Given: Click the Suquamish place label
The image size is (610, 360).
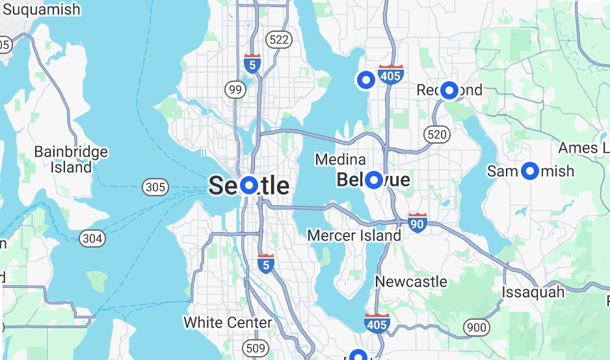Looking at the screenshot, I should (40, 10).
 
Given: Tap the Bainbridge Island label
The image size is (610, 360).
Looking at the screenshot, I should (71, 159).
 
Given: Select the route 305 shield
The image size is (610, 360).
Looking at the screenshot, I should (155, 188).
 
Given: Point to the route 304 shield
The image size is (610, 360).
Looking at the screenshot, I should (92, 238).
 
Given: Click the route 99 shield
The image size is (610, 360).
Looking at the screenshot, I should (235, 90).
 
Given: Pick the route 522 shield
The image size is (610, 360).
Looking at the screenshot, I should (279, 40).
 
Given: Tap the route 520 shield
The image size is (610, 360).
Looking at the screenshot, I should (436, 135).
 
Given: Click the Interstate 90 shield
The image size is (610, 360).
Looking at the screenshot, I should (418, 223).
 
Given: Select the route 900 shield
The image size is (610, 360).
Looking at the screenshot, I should (477, 328).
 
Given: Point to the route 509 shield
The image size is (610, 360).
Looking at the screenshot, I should (256, 349).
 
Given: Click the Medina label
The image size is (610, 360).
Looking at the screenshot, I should (340, 160).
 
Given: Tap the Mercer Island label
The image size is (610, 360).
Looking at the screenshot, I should (354, 235).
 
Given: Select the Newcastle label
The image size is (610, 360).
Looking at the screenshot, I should (411, 282).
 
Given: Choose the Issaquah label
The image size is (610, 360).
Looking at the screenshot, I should (533, 292).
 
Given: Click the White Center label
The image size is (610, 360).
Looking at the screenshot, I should (228, 322).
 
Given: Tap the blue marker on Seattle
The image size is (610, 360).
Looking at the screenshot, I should (249, 186).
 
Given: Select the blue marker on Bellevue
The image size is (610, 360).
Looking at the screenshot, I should (373, 180).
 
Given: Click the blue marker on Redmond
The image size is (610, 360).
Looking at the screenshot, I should (449, 90).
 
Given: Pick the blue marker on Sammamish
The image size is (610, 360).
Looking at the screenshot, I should (530, 171).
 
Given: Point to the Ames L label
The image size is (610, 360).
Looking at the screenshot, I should (582, 148).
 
